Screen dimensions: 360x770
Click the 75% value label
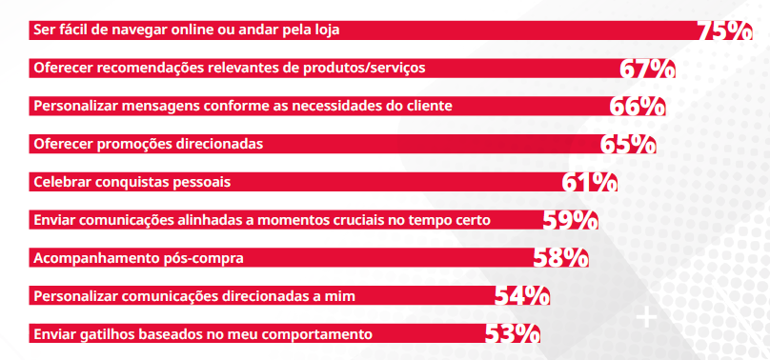pyautogui.click(x=725, y=31)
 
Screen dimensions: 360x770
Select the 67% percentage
pyautogui.click(x=647, y=70)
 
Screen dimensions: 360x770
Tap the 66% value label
pyautogui.click(x=638, y=107)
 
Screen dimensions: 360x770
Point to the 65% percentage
pyautogui.click(x=628, y=145)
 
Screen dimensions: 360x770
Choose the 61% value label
pyautogui.click(x=590, y=182)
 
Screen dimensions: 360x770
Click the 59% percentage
pyautogui.click(x=570, y=220)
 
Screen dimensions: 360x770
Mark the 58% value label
pyautogui.click(x=560, y=258)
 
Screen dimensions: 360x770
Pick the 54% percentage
pyautogui.click(x=521, y=296)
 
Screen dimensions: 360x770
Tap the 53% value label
pyautogui.click(x=513, y=333)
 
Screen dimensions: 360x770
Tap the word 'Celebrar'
pyautogui.click(x=62, y=181)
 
